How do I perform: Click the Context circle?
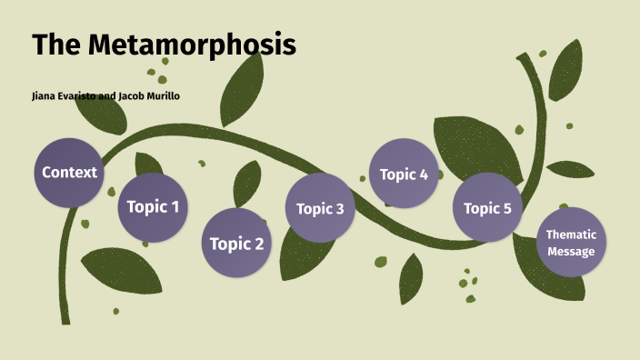[x=69, y=172]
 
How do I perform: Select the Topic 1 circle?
[x=153, y=206]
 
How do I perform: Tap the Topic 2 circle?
[x=236, y=243]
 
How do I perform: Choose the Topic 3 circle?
[x=320, y=208]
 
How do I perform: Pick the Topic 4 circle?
[x=404, y=174]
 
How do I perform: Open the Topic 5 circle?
[x=488, y=208]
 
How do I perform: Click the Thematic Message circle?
[x=571, y=242]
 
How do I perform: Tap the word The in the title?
[x=57, y=45]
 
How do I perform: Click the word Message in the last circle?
[x=571, y=251]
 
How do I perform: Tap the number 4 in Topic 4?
[x=424, y=175]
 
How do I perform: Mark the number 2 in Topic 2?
[x=259, y=244]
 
